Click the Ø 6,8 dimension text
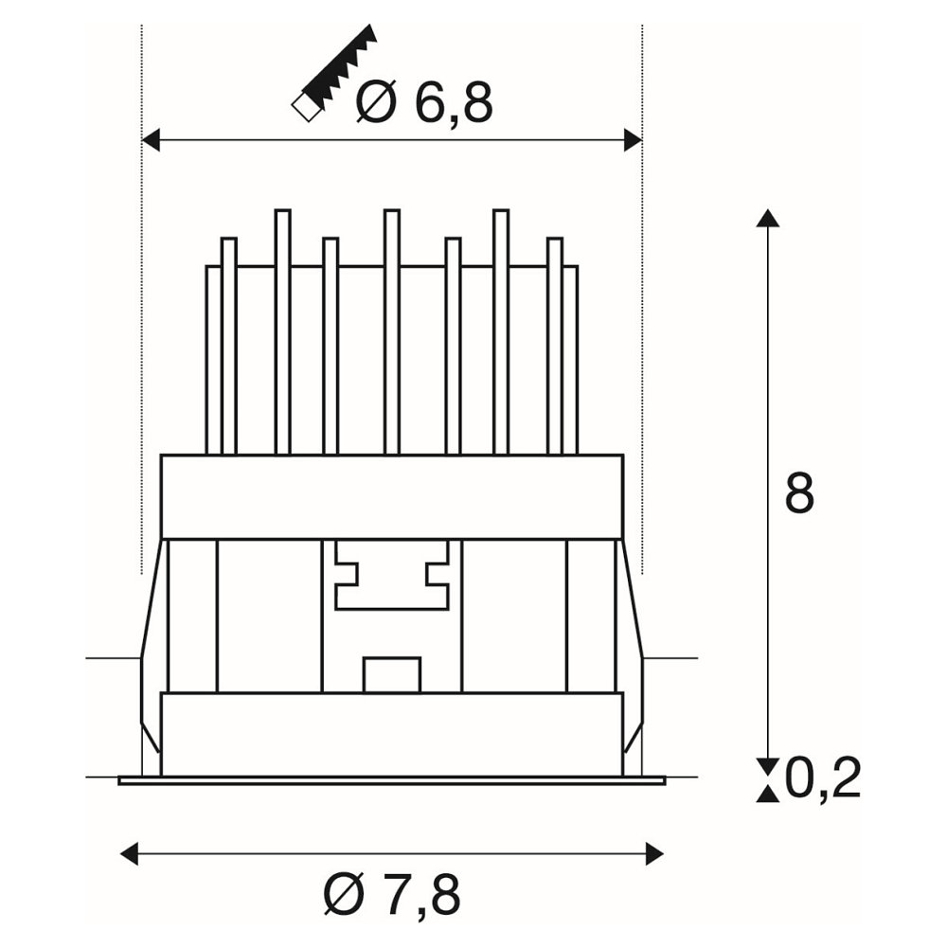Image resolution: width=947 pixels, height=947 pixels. [424, 101]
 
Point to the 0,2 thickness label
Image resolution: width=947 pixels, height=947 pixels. [824, 779]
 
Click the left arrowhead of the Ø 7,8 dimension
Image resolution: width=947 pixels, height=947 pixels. [130, 854]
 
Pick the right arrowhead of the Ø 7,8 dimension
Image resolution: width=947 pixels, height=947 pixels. [654, 854]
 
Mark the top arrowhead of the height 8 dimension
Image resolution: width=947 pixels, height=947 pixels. [768, 218]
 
